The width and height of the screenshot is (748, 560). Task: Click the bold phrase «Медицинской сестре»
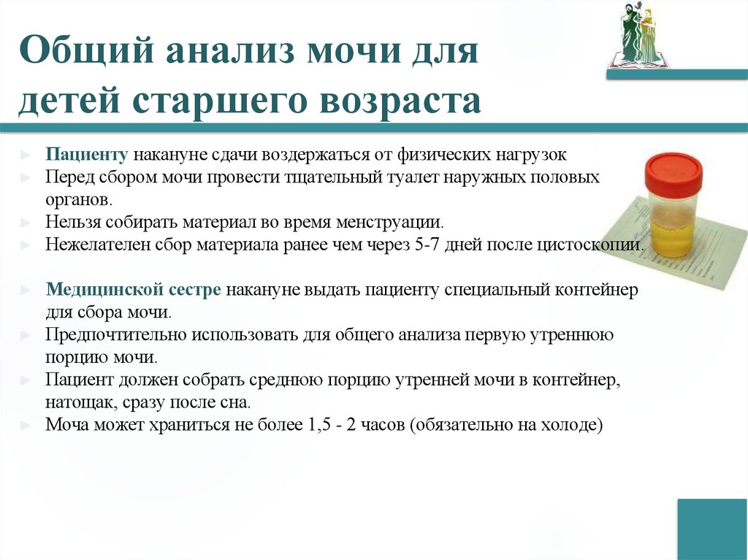click(133, 290)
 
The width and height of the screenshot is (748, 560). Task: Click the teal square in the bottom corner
click(711, 529)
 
